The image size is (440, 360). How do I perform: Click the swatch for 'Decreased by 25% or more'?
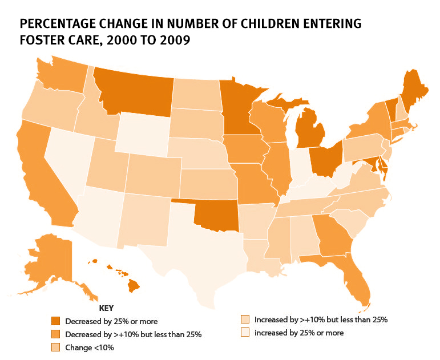click(55, 321)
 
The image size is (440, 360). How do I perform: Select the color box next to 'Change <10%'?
click(55, 346)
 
